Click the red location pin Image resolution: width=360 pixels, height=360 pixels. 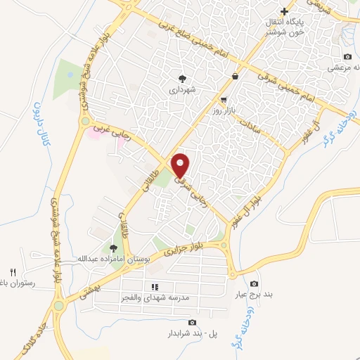pos(180,165)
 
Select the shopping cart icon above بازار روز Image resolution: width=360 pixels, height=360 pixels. pos(224,100)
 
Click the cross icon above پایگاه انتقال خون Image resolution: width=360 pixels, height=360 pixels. pos(284,11)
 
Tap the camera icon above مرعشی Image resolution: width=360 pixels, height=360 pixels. pos(347,56)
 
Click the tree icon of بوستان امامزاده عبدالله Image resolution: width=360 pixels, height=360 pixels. pos(112,247)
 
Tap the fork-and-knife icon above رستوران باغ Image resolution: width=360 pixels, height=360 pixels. pos(12,272)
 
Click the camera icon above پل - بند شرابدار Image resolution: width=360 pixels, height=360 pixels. pos(192,323)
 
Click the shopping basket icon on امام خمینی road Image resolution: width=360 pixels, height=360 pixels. pos(234,77)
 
